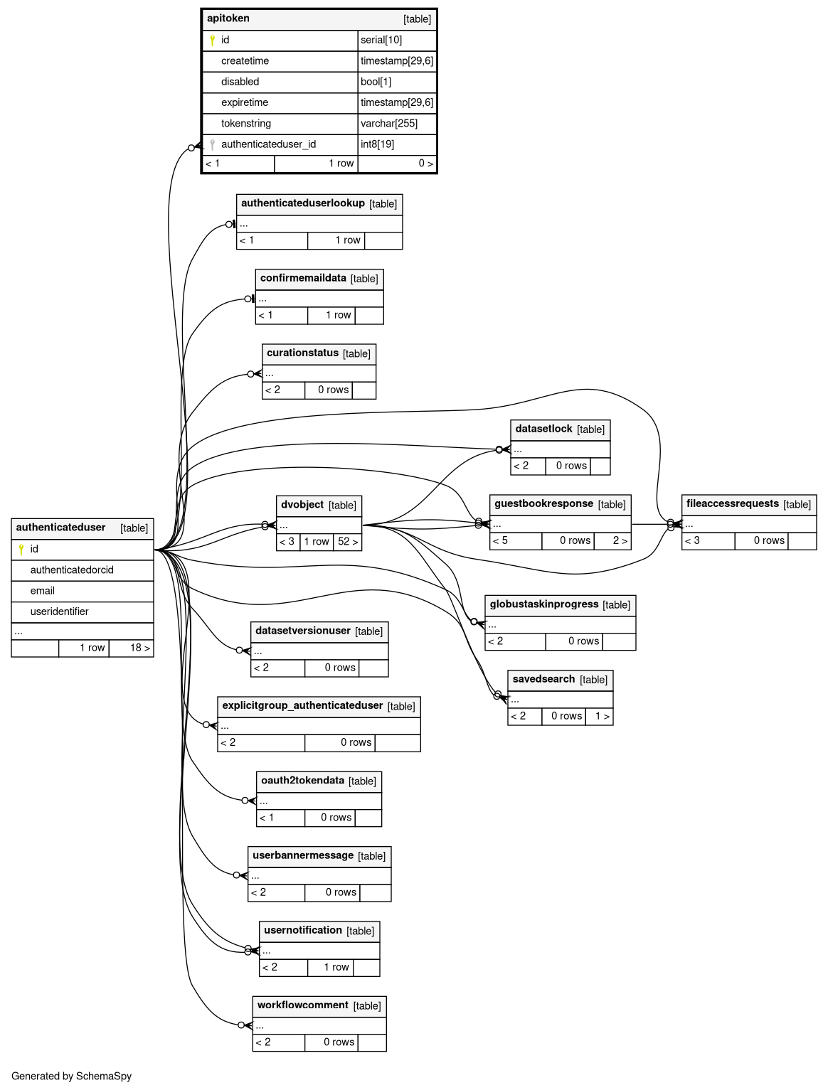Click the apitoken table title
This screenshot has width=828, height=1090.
[x=228, y=18]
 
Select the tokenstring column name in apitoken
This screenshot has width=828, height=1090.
[x=246, y=123]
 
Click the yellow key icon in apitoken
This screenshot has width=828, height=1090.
[x=212, y=41]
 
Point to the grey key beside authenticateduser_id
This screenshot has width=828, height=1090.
[x=212, y=144]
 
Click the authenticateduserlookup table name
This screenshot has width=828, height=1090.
[x=303, y=203]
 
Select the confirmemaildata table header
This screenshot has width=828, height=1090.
[x=319, y=279]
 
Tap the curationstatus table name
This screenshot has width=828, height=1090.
[x=302, y=353]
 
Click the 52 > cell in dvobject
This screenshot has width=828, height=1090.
[x=348, y=541]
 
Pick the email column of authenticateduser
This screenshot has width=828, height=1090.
[x=42, y=590]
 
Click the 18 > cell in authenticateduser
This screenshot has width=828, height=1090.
[x=131, y=648]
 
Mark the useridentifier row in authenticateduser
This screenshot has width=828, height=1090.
[x=83, y=611]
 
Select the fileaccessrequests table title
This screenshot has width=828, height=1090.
[x=732, y=503]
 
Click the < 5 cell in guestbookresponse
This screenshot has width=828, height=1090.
[x=516, y=541]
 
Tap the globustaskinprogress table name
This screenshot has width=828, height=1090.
[x=544, y=604]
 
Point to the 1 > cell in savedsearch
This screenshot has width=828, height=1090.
[x=599, y=716]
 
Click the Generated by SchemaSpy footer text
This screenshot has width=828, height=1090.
[x=72, y=1076]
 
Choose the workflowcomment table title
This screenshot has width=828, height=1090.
[x=302, y=1005]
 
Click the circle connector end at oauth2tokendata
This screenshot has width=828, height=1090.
[x=245, y=801]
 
